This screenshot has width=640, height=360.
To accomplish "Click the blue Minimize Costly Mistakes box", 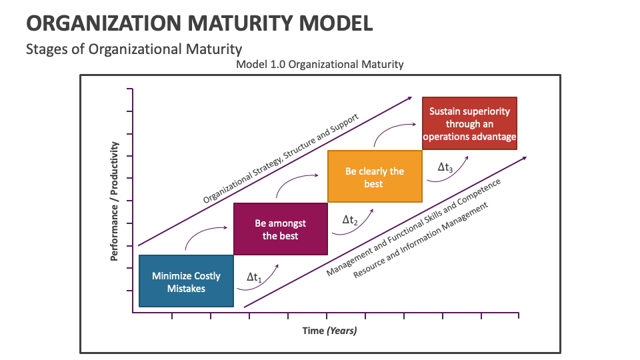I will click(186, 281).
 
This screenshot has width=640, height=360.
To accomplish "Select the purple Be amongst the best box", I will click(280, 229).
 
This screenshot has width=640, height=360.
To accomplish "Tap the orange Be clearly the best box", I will click(374, 177).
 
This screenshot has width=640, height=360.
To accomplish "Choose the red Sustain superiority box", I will click(470, 124).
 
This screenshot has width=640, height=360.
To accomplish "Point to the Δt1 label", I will click(254, 277).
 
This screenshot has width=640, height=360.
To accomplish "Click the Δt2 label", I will click(350, 220).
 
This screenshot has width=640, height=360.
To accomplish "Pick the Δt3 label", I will click(445, 168).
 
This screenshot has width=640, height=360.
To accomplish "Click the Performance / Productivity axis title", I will click(115, 200).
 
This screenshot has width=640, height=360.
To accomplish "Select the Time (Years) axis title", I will click(329, 331).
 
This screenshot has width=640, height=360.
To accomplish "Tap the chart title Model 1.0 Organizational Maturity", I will click(319, 65).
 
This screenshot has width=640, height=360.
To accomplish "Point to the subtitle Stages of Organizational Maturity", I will click(133, 49).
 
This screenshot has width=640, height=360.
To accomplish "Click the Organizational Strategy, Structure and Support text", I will click(281, 158).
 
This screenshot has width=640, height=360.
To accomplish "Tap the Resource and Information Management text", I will click(421, 239).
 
